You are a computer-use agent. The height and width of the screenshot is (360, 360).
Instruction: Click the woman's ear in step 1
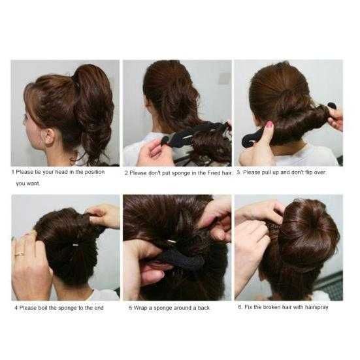(x=49, y=136)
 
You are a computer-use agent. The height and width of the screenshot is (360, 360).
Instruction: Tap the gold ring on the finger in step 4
(x=20, y=254)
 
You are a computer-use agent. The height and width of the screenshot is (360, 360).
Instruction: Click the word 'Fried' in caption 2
(x=214, y=173)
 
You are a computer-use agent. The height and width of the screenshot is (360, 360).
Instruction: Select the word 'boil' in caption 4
(x=43, y=308)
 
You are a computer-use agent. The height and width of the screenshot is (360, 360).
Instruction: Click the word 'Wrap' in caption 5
(x=140, y=308)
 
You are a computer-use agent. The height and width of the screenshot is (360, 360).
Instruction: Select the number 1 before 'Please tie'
(x=13, y=172)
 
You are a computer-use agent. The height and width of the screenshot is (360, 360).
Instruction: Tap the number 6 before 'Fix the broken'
(x=240, y=307)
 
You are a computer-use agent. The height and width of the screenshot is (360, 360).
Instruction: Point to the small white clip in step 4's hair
(x=76, y=245)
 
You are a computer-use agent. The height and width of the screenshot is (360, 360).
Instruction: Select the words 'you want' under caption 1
(x=27, y=184)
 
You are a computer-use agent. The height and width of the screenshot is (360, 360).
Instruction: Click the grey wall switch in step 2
(x=224, y=78)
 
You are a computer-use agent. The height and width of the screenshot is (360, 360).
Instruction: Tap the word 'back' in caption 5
(x=204, y=308)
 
